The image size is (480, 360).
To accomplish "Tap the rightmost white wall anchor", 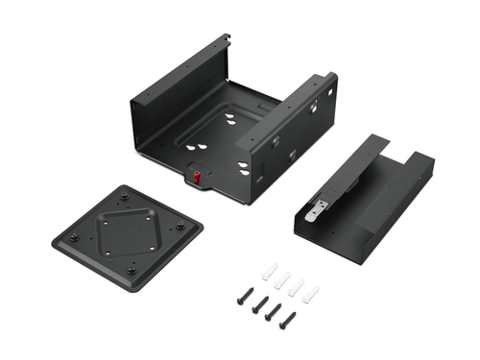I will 309,291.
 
